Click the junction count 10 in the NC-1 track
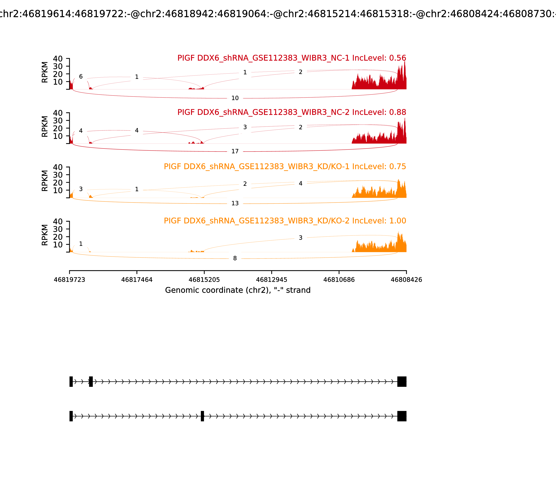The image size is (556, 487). (x=235, y=98)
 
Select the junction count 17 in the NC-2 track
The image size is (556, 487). (x=235, y=151)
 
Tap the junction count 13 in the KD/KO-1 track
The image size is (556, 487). (x=235, y=203)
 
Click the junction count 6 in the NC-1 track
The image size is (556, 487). (x=81, y=77)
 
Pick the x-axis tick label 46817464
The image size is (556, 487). (x=137, y=280)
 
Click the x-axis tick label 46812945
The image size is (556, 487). (x=271, y=280)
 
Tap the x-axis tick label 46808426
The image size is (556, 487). (x=406, y=280)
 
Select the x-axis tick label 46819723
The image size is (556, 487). (x=69, y=280)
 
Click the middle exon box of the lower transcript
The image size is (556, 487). (x=202, y=416)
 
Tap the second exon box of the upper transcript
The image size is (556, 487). (x=91, y=382)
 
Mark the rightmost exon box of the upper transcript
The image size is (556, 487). (x=402, y=382)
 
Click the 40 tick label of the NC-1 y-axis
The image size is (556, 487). (x=58, y=59)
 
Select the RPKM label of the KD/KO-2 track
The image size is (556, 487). (x=45, y=235)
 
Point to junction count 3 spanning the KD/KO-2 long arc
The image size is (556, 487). (x=301, y=238)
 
